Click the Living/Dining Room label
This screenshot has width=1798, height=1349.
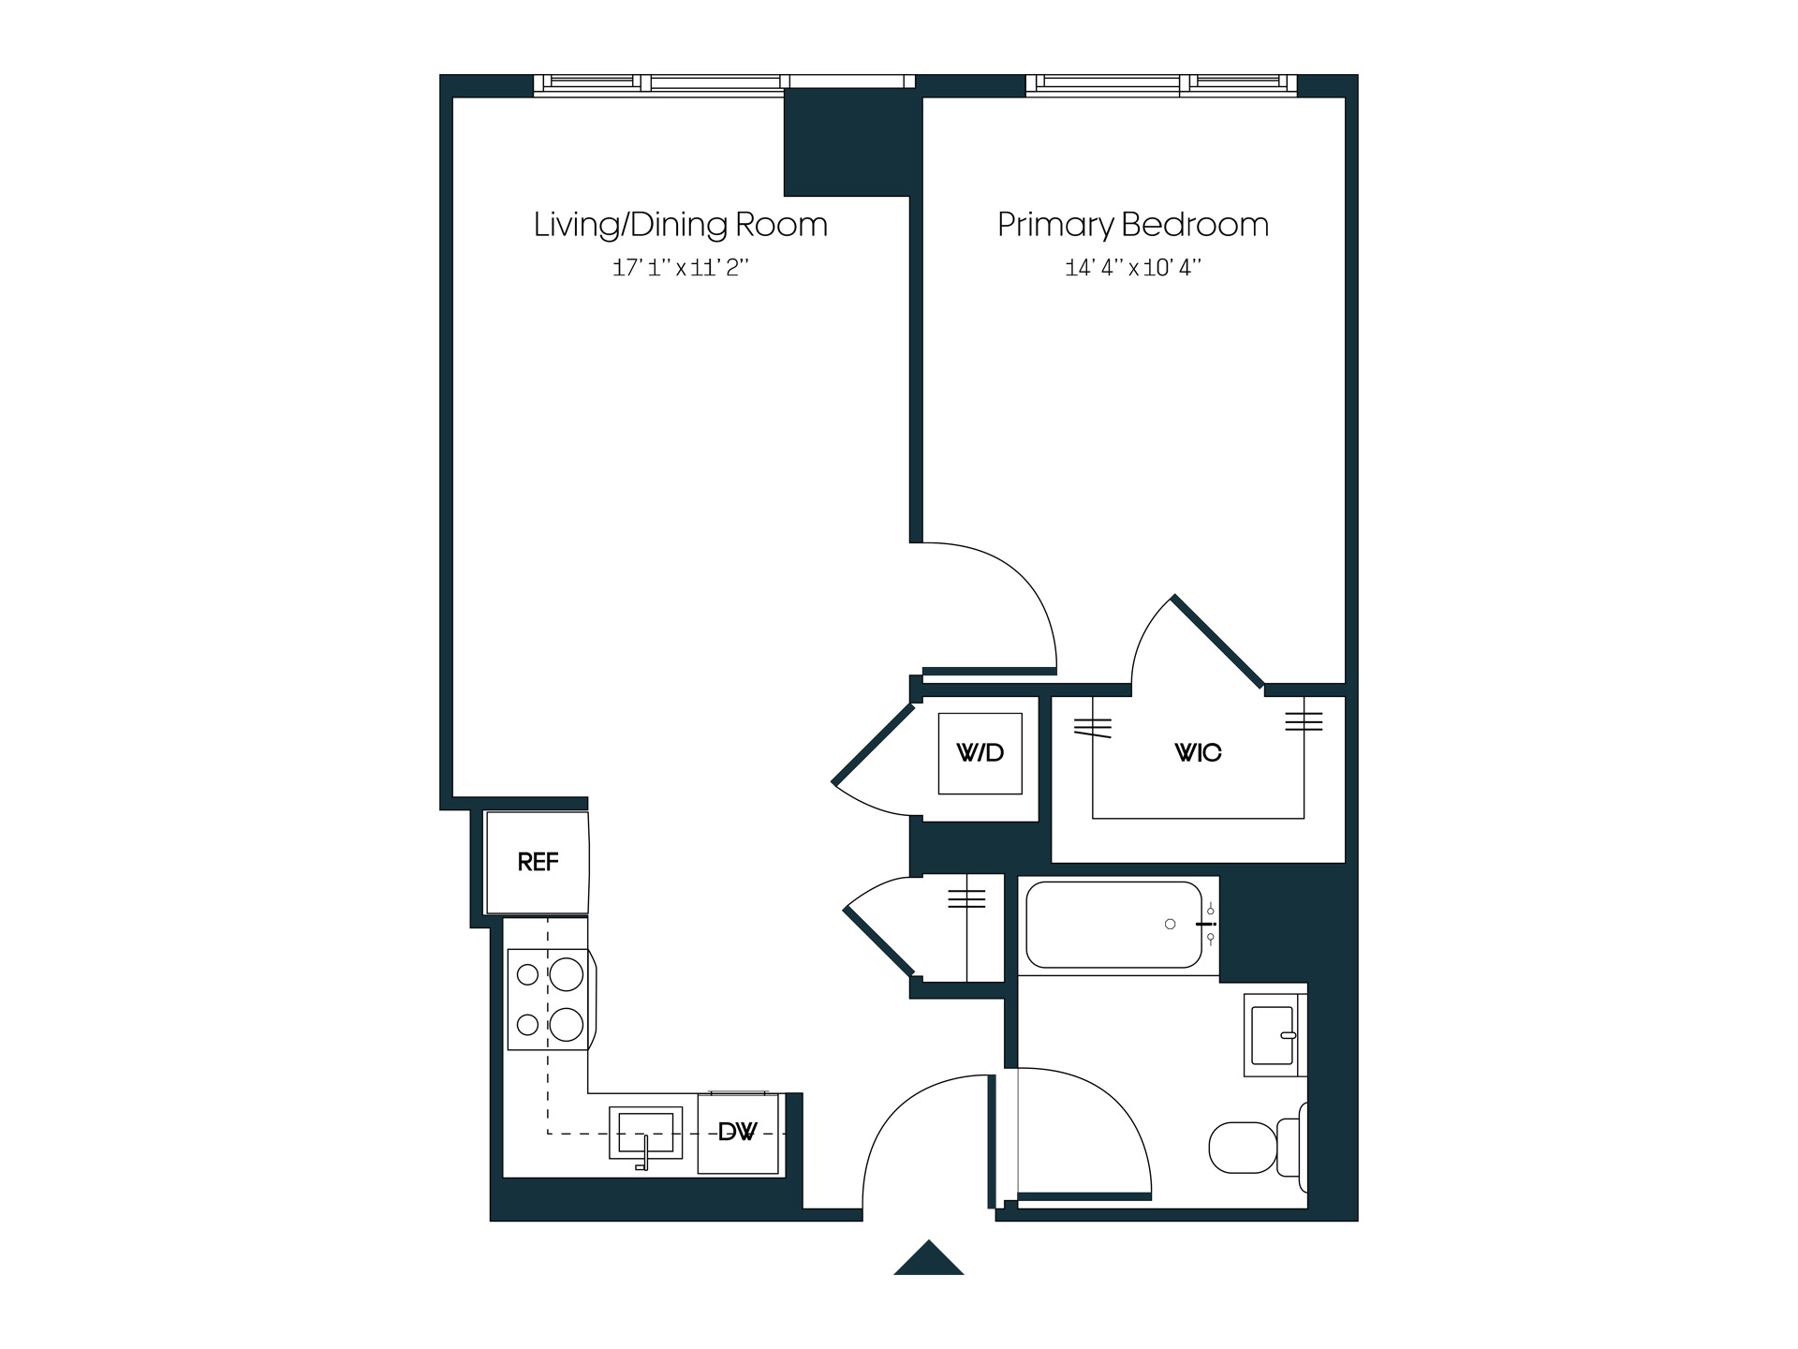(x=680, y=225)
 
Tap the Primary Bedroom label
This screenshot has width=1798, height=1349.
(x=1132, y=225)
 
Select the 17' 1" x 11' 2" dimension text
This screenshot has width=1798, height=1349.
(x=680, y=268)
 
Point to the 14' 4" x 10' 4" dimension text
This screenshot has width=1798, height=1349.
(x=1132, y=268)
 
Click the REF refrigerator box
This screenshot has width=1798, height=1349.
(x=537, y=862)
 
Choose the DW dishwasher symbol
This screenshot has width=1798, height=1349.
(x=738, y=1133)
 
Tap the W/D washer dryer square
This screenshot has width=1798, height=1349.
(x=980, y=753)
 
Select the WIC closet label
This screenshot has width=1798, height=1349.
(x=1198, y=753)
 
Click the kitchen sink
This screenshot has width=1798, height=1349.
(x=645, y=1133)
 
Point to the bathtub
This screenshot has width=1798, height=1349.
(x=1114, y=925)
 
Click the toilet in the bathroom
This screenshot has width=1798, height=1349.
(x=1250, y=1148)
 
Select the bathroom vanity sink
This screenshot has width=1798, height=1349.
(x=1273, y=1035)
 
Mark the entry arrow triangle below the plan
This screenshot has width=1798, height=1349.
(x=928, y=1260)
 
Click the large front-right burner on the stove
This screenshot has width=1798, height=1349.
(x=567, y=1024)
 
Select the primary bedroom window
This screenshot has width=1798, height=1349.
(x=1161, y=85)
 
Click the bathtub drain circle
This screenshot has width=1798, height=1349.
(x=1170, y=925)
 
